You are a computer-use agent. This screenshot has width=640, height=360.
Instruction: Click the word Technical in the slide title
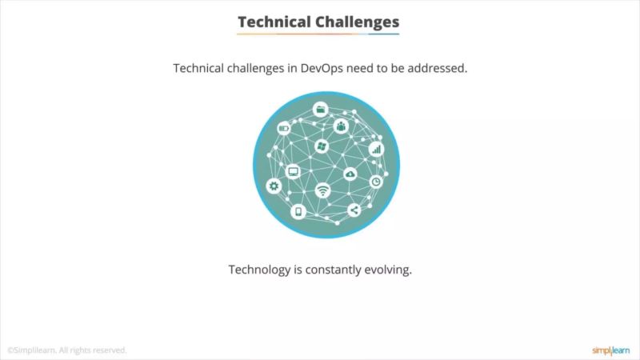click(272, 22)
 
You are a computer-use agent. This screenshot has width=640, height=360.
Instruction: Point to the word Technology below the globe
click(259, 270)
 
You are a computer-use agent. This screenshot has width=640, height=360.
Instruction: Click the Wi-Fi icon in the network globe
click(322, 190)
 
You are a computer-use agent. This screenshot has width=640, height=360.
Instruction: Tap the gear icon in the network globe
click(274, 186)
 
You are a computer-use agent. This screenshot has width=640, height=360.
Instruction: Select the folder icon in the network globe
click(321, 109)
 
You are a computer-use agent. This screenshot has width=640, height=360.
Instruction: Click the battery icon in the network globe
click(283, 128)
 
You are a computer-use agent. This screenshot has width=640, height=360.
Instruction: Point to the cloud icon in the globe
click(350, 174)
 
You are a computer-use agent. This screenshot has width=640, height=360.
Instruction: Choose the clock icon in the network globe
click(376, 182)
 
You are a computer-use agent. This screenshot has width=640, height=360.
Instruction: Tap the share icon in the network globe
click(354, 211)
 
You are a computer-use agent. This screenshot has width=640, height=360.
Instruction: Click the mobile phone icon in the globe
click(298, 212)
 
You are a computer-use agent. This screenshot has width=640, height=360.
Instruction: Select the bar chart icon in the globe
click(376, 149)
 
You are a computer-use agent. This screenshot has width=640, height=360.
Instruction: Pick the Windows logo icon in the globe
click(322, 146)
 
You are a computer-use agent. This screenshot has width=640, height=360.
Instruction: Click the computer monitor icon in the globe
click(293, 170)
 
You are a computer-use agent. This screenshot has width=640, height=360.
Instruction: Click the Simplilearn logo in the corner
click(610, 350)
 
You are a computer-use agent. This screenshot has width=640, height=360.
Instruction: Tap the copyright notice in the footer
click(67, 350)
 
